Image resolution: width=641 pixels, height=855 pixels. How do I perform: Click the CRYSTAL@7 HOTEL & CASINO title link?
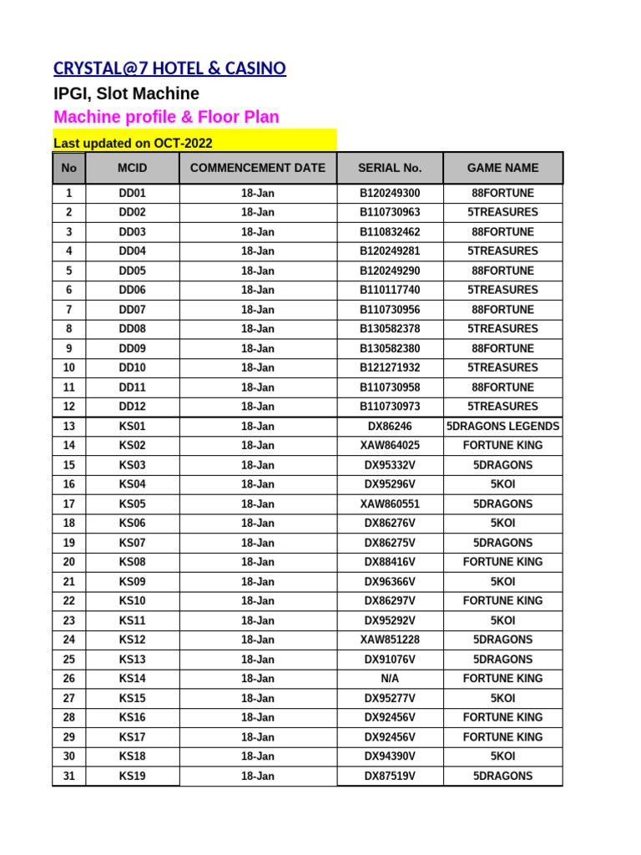[x=169, y=68]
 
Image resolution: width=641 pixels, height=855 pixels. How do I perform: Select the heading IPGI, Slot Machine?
[x=126, y=94]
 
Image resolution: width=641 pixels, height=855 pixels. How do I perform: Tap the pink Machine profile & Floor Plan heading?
[x=166, y=117]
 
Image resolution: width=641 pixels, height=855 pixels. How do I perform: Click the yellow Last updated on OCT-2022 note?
[x=133, y=143]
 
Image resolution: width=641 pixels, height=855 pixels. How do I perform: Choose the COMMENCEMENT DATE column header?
[x=258, y=168]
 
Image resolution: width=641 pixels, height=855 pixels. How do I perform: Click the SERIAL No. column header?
[x=390, y=168]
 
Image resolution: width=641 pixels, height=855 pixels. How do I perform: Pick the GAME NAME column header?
[x=502, y=168]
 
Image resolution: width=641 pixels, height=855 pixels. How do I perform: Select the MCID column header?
[x=132, y=168]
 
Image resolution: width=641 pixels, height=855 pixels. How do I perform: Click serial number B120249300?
[x=390, y=193]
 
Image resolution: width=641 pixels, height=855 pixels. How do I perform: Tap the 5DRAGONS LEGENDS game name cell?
[x=502, y=426]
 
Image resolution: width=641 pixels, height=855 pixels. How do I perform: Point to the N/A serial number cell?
[x=390, y=679]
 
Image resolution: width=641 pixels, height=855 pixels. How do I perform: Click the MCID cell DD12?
[x=132, y=407]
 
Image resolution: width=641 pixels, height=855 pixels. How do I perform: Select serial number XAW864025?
[x=390, y=446]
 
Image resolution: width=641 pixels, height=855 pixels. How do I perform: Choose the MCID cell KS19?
[x=132, y=776]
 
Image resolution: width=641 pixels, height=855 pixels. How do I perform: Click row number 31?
[x=68, y=776]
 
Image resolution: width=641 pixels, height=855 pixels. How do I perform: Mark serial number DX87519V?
[x=390, y=776]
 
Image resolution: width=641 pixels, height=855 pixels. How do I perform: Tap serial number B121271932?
[x=390, y=367]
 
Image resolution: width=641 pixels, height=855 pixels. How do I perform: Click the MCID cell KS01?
[x=132, y=426]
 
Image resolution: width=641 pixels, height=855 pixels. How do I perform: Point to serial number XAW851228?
[x=390, y=640]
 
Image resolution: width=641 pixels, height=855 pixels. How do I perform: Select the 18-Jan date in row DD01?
[x=258, y=193]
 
